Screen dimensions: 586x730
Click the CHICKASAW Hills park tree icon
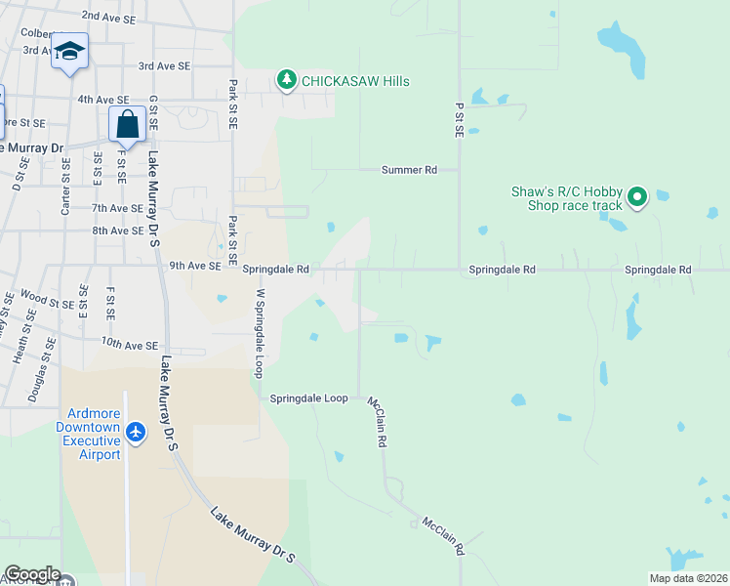click(286, 80)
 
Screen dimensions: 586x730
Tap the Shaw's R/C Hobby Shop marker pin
click(637, 198)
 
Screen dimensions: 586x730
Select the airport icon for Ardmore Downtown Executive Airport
click(136, 432)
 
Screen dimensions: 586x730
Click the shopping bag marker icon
click(127, 124)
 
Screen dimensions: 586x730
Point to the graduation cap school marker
click(69, 51)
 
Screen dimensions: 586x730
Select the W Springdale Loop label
click(260, 333)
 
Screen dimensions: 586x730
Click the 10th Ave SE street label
click(129, 345)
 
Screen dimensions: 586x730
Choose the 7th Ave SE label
click(117, 208)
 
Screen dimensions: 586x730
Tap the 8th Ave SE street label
click(117, 230)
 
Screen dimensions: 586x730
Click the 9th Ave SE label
click(195, 266)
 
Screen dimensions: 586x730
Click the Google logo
click(32, 575)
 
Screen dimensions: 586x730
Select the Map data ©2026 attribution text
click(689, 578)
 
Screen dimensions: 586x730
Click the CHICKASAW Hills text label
click(355, 81)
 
